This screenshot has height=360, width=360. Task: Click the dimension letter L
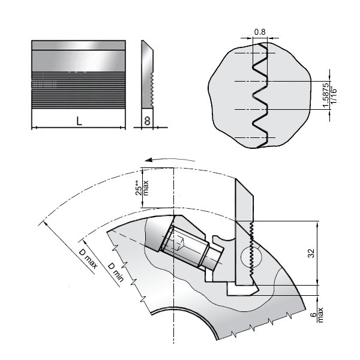[x=79, y=121]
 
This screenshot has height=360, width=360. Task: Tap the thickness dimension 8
[x=148, y=121]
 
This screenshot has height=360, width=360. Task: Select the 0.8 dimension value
[x=260, y=32]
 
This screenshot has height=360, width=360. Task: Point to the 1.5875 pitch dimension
[x=326, y=95]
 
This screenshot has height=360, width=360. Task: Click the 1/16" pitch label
[x=334, y=95]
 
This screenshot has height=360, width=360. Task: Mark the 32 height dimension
[x=311, y=253]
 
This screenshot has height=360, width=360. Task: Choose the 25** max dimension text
[x=142, y=188]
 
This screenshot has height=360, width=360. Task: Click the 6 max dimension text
[x=317, y=315]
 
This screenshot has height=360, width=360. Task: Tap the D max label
[x=88, y=258]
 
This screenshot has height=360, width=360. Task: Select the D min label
[x=116, y=272]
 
